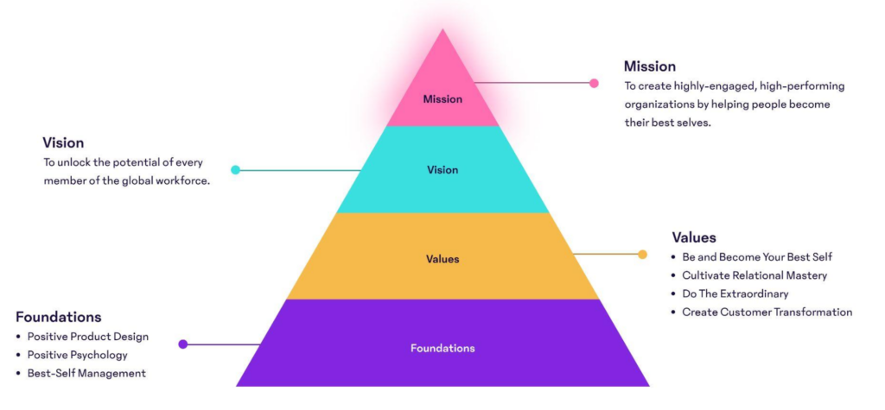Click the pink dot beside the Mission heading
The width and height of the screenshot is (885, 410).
(x=594, y=84)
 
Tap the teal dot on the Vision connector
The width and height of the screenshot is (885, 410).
(x=235, y=170)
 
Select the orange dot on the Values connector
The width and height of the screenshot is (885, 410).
(x=642, y=255)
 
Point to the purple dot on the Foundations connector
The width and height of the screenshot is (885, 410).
(x=183, y=344)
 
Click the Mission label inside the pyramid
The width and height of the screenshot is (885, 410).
(x=442, y=99)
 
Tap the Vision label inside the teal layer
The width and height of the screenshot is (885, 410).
(x=442, y=170)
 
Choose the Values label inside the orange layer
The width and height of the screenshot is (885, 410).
(x=442, y=259)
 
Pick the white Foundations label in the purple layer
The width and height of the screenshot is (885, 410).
(x=442, y=349)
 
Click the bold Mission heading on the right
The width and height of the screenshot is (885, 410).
(x=650, y=66)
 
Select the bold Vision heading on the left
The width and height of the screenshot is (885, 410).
(x=63, y=142)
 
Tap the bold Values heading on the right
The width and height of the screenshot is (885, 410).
(x=694, y=237)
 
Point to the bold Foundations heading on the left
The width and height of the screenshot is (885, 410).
(x=58, y=317)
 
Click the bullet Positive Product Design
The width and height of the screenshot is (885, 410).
(x=88, y=337)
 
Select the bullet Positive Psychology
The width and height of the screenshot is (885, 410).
(x=77, y=355)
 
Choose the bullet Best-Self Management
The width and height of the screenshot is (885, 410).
(x=86, y=374)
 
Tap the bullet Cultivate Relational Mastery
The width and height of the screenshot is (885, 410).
(x=754, y=275)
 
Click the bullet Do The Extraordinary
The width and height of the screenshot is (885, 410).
(x=735, y=293)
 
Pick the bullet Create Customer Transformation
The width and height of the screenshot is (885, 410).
(x=767, y=312)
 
